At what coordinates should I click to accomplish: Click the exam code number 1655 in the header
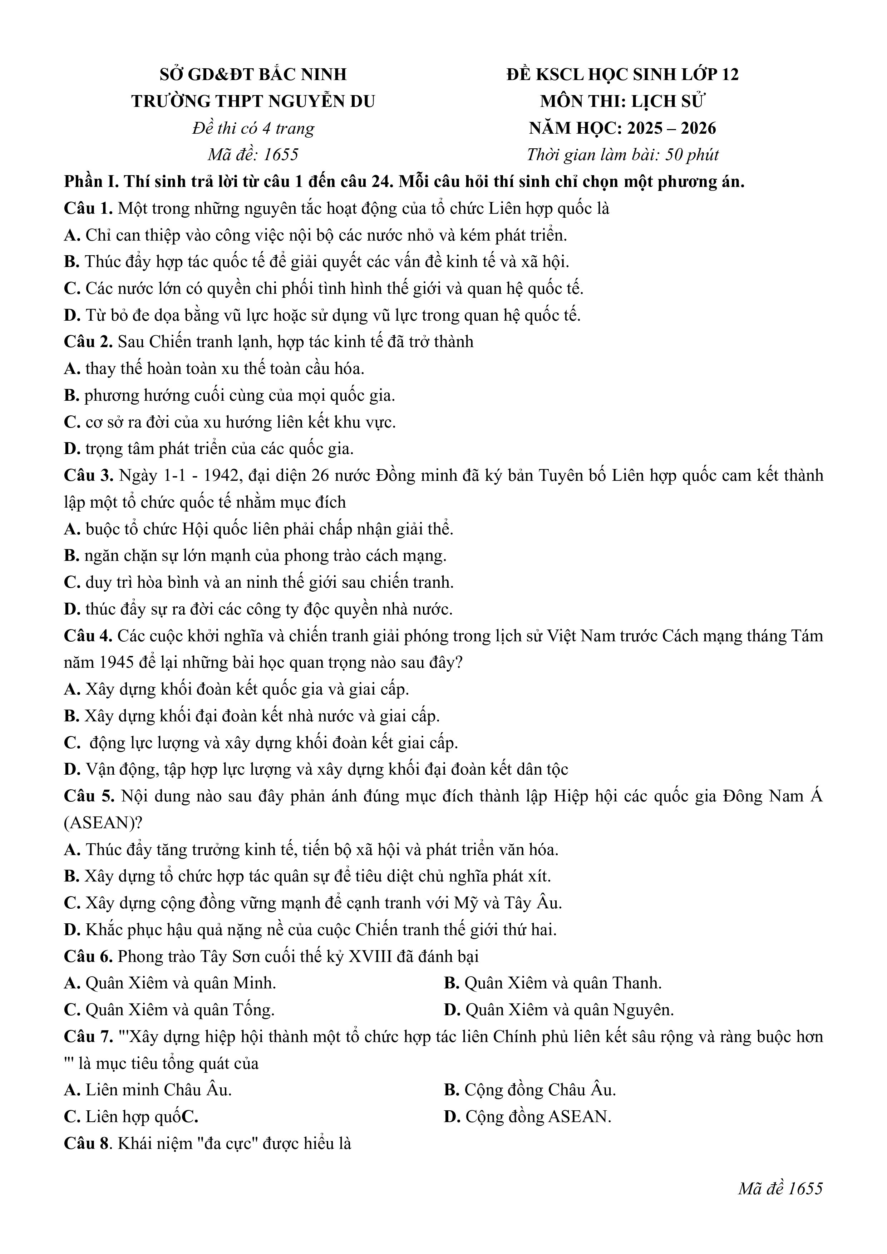(281, 155)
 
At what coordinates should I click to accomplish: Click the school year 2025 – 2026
(671, 128)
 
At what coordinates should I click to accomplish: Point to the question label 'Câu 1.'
(88, 209)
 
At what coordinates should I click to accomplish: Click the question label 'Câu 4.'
(88, 636)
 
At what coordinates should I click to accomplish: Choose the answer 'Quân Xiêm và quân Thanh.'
(563, 984)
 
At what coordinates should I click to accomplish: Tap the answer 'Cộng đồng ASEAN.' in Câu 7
(538, 1117)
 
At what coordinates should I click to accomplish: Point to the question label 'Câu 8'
(87, 1144)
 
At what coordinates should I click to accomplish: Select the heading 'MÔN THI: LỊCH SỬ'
(623, 102)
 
